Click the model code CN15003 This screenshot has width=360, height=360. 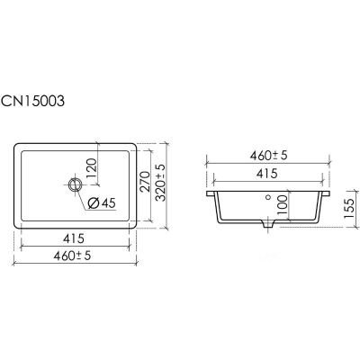click(x=32, y=101)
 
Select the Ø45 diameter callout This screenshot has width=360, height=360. click(x=102, y=203)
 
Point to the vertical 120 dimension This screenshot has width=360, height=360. click(x=92, y=168)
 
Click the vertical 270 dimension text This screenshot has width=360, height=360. click(x=145, y=181)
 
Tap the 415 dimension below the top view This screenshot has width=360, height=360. click(x=74, y=238)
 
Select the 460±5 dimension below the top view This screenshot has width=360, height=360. click(x=72, y=256)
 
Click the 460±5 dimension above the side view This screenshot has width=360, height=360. click(x=269, y=156)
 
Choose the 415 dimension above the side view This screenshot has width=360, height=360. click(x=267, y=174)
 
